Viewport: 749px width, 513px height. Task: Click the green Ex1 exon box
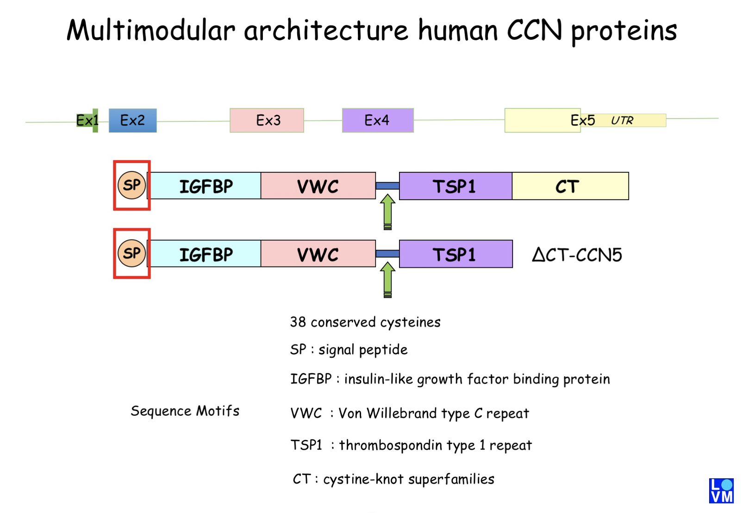coord(87,120)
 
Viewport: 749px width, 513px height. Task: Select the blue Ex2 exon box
coord(132,120)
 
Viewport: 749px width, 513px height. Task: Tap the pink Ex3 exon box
coord(267,120)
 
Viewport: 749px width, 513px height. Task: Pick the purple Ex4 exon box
coord(377,120)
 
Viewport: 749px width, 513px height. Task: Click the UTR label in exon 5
coord(622,121)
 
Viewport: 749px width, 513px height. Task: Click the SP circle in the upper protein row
coord(132,185)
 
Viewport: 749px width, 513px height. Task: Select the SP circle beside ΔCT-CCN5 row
coord(132,253)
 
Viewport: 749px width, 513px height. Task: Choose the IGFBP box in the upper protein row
coord(206,186)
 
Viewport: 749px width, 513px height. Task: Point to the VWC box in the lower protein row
coord(318,254)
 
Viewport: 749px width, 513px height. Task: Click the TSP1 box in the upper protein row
coord(455,186)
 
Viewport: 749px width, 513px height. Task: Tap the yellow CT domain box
coord(569,186)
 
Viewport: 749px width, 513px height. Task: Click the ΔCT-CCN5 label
coord(576,255)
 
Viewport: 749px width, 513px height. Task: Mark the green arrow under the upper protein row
coord(388,212)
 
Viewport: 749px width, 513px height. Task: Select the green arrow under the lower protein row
coord(388,280)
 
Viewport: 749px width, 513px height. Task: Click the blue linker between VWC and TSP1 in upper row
coord(387,186)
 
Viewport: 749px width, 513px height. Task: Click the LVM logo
coord(721,491)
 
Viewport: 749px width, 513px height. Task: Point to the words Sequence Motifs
coord(185,411)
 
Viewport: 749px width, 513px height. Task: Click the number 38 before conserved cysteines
coord(298,322)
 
